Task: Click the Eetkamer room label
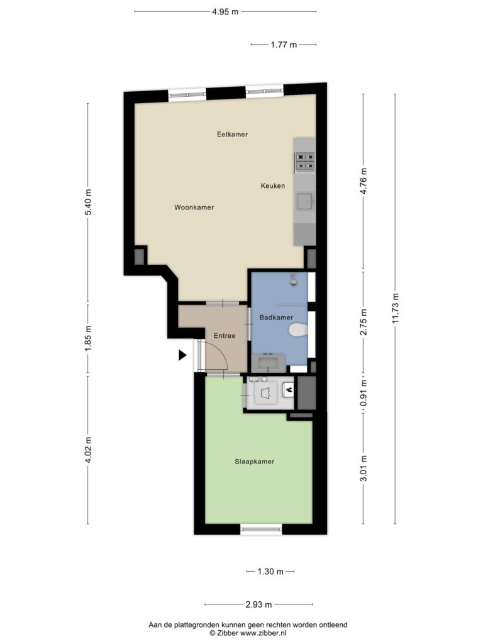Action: click(232, 135)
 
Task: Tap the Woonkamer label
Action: click(194, 208)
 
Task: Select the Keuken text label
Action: click(273, 186)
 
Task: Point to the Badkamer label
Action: click(276, 318)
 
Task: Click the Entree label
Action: click(225, 336)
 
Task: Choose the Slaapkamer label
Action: click(254, 461)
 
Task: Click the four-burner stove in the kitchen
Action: click(305, 162)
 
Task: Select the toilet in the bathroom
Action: click(298, 330)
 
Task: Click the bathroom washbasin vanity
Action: click(268, 363)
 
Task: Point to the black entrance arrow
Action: click(182, 355)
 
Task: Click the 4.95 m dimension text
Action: click(225, 11)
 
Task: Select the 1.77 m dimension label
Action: click(284, 45)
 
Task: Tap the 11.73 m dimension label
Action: click(395, 308)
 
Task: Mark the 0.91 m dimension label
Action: click(364, 392)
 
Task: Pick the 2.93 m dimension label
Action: click(258, 604)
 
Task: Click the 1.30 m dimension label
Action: click(270, 571)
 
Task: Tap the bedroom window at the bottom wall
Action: click(261, 530)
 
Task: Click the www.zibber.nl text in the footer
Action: click(264, 633)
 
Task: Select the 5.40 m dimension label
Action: click(88, 202)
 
